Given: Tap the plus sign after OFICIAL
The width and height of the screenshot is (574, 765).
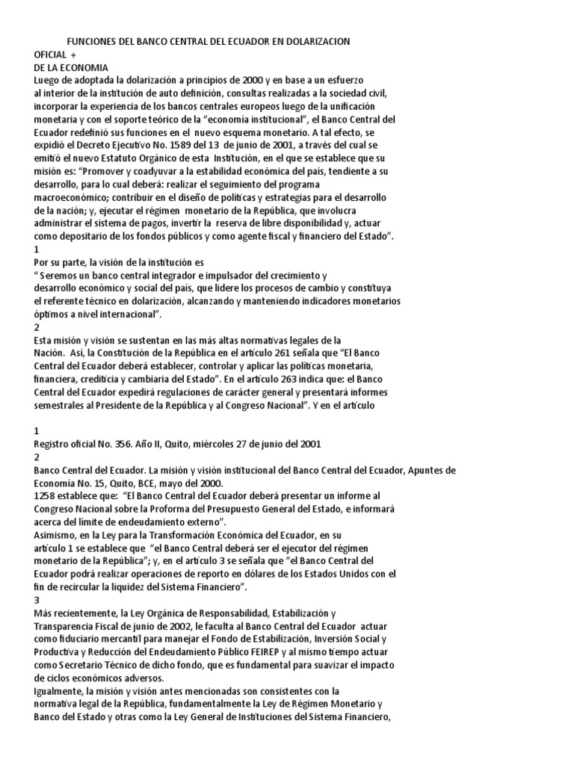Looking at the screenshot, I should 74,55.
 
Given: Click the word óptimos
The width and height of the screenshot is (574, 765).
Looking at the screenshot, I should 52,315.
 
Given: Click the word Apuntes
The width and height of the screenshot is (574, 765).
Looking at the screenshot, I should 422,470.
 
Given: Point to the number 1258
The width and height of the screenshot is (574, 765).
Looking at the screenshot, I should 47,496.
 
